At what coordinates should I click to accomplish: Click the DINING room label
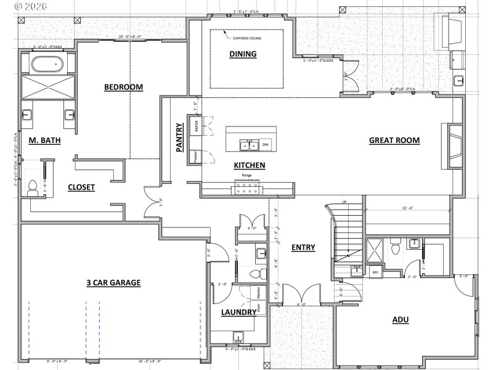click(x=243, y=54)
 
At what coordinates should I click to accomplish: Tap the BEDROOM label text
click(x=123, y=87)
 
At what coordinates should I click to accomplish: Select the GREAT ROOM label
click(x=394, y=140)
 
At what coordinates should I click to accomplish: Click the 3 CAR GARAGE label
click(x=113, y=282)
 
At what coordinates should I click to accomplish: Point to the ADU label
click(x=401, y=319)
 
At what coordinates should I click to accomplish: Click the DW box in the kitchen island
click(x=266, y=145)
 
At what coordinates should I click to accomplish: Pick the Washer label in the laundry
click(x=258, y=292)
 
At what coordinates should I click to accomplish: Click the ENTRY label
click(x=303, y=247)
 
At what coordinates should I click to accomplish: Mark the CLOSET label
click(x=81, y=187)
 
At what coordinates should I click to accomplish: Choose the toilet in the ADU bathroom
click(x=397, y=246)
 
